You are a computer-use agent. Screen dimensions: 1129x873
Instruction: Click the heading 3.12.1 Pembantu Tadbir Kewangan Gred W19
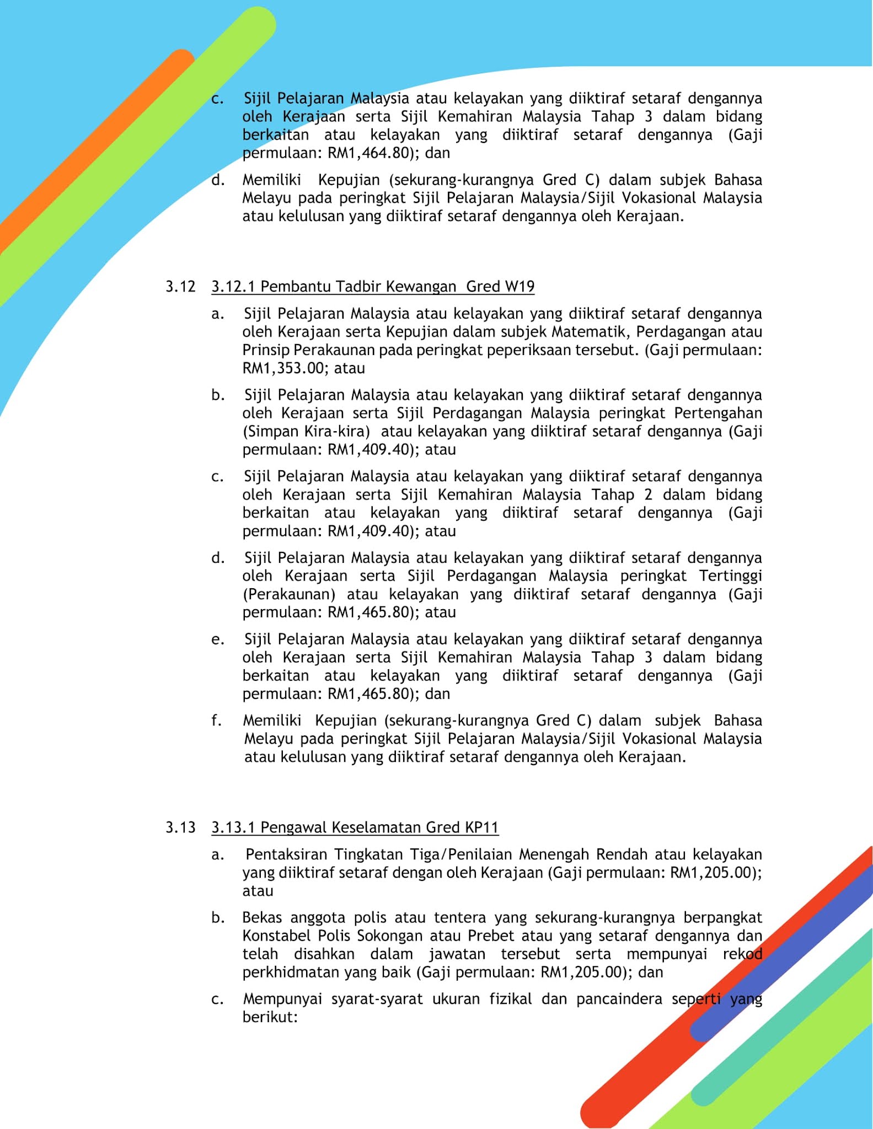click(x=373, y=287)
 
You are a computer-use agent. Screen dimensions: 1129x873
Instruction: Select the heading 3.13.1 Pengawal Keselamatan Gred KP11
click(x=355, y=827)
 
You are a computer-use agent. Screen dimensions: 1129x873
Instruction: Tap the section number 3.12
click(x=180, y=287)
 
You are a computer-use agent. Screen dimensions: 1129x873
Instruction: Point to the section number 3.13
click(x=180, y=827)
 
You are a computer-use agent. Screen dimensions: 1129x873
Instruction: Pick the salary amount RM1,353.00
click(x=283, y=368)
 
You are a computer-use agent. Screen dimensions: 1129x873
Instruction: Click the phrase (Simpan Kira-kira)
click(x=306, y=432)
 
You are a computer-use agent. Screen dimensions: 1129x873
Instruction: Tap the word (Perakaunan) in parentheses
click(x=289, y=595)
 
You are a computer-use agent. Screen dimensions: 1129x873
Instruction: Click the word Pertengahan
click(x=718, y=413)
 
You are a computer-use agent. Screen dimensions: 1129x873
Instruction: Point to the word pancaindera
click(x=619, y=999)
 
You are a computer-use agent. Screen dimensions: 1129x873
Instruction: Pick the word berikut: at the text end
click(x=270, y=1018)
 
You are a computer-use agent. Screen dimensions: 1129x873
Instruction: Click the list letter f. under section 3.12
click(x=217, y=721)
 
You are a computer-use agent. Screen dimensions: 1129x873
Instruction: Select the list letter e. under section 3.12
click(x=217, y=639)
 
